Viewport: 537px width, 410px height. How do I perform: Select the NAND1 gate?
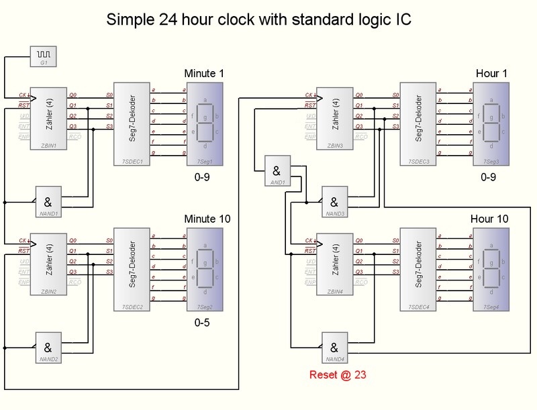point(48,203)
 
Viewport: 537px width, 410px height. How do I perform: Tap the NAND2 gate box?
point(48,349)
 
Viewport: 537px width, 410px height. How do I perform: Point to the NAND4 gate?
point(335,349)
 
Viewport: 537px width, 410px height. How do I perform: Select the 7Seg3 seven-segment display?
point(491,123)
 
